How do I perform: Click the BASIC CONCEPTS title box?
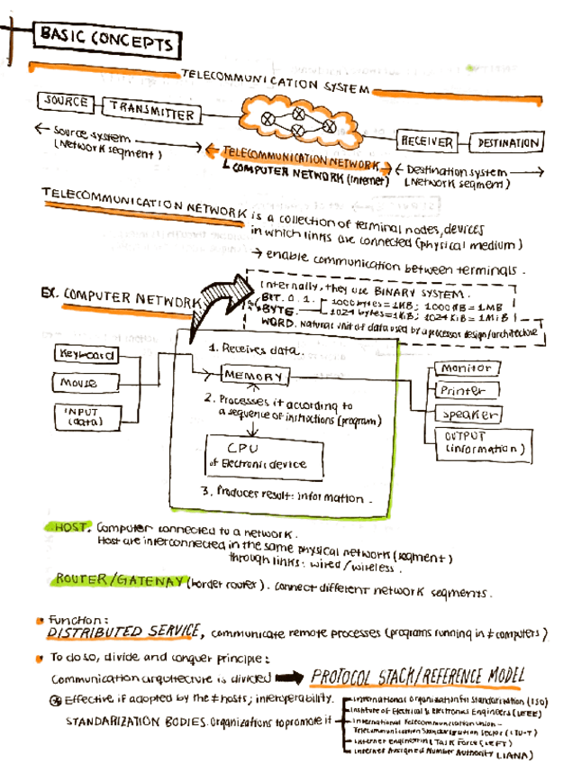pos(105,41)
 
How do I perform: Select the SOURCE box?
pos(65,102)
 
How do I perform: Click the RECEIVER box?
pos(426,141)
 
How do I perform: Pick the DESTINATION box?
pos(507,142)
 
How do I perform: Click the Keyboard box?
pos(87,355)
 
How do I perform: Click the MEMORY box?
pos(255,375)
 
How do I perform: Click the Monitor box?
pos(467,368)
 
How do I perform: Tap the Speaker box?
pos(467,414)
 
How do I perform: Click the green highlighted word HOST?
pos(69,527)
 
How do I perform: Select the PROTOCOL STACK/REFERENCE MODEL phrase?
pos(416,677)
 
